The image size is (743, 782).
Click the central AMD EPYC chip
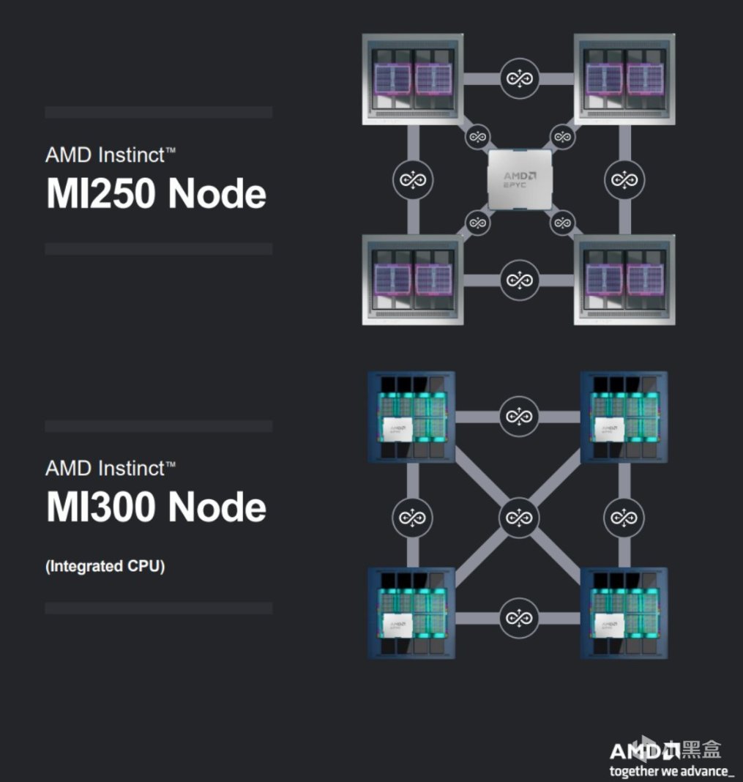[520, 179]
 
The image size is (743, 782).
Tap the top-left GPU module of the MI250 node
[413, 77]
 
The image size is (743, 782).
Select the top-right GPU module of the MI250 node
[624, 77]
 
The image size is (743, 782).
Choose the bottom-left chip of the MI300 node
[411, 614]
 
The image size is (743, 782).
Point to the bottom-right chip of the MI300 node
[624, 614]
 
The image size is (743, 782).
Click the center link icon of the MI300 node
[519, 518]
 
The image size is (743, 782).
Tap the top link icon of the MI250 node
[520, 77]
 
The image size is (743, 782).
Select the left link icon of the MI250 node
[413, 179]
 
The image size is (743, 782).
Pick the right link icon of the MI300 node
[624, 518]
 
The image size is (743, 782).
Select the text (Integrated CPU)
[105, 566]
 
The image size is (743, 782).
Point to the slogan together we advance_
[671, 771]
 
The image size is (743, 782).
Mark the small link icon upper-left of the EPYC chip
[477, 136]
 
